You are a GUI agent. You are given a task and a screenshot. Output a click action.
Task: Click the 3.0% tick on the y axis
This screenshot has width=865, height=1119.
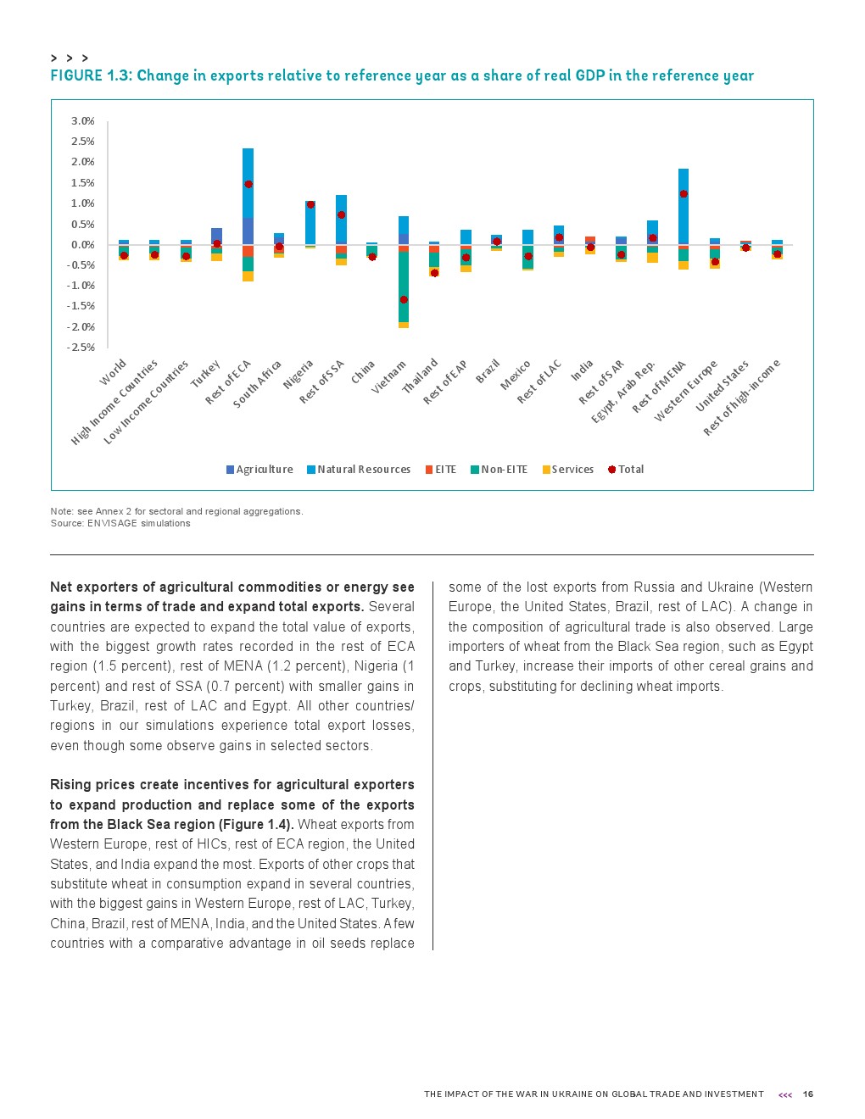pyautogui.click(x=82, y=121)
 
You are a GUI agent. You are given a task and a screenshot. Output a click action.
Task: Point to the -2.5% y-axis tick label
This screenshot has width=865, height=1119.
pyautogui.click(x=81, y=348)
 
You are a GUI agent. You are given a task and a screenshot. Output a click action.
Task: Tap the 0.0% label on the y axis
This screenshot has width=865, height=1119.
pyautogui.click(x=82, y=245)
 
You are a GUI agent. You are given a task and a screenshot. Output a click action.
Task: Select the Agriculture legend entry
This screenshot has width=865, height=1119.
pyautogui.click(x=259, y=470)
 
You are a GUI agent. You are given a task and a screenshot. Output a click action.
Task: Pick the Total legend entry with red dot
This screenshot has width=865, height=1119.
pyautogui.click(x=626, y=470)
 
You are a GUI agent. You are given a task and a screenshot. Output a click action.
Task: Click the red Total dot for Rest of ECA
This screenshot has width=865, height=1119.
pyautogui.click(x=248, y=184)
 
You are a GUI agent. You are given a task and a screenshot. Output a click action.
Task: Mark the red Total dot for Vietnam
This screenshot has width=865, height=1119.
pyautogui.click(x=404, y=299)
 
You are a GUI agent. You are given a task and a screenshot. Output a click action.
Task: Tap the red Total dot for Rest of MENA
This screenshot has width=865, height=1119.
pyautogui.click(x=684, y=194)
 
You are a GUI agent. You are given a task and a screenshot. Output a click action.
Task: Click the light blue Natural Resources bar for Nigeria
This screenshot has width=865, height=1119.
pyautogui.click(x=310, y=222)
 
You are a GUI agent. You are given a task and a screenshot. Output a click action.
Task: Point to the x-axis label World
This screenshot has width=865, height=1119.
pyautogui.click(x=114, y=372)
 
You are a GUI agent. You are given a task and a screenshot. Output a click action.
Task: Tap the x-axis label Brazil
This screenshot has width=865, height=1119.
pyautogui.click(x=488, y=371)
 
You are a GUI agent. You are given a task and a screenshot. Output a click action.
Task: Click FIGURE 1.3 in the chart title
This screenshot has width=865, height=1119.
pyautogui.click(x=91, y=75)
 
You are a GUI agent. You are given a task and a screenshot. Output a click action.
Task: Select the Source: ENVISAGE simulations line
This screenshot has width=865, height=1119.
pyautogui.click(x=120, y=523)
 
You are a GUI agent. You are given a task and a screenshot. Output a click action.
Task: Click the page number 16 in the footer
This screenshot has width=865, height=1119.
pyautogui.click(x=808, y=1094)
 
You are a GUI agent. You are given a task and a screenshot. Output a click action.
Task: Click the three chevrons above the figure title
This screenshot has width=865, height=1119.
pyautogui.click(x=70, y=58)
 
